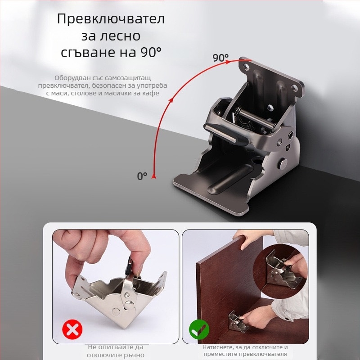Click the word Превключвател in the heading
click(111, 20)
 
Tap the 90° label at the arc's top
click(220, 58)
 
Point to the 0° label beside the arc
click(142, 176)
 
